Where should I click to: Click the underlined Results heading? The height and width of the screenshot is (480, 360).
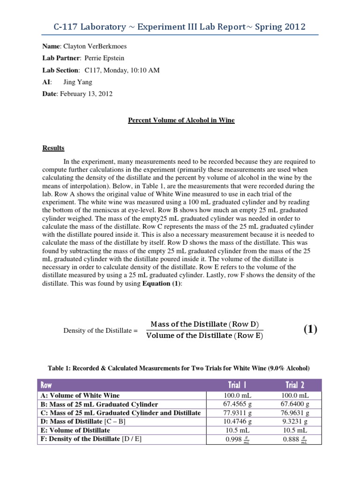53,148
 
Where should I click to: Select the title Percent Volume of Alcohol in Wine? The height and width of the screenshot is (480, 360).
181,120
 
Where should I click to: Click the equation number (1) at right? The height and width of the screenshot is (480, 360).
310,329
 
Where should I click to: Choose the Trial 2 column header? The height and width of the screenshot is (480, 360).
295,385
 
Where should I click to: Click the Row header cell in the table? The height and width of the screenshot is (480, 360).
47,385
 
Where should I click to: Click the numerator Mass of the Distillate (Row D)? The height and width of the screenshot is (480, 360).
204,324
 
